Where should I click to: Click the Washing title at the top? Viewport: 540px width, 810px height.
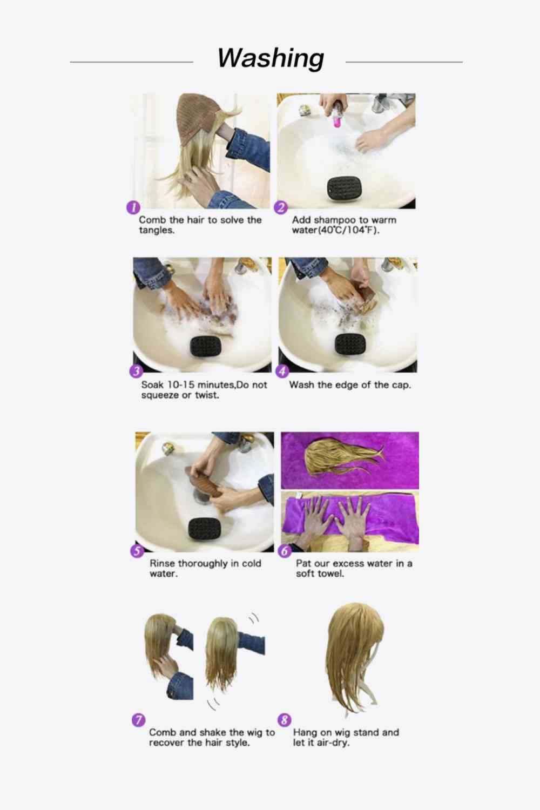pyautogui.click(x=271, y=58)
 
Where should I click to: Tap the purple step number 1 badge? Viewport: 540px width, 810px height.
pyautogui.click(x=133, y=207)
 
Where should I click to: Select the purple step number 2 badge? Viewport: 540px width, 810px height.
pyautogui.click(x=281, y=207)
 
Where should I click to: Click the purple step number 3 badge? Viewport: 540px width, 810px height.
pyautogui.click(x=136, y=372)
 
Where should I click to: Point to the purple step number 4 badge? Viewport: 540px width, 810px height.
pyautogui.click(x=282, y=372)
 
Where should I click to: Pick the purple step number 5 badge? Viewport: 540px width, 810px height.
pyautogui.click(x=137, y=551)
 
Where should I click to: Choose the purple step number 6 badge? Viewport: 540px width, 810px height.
pyautogui.click(x=285, y=551)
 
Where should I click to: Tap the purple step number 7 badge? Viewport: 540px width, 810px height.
pyautogui.click(x=138, y=720)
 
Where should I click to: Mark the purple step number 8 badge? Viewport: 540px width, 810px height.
pyautogui.click(x=284, y=720)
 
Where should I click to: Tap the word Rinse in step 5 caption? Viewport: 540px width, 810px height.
pyautogui.click(x=162, y=564)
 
